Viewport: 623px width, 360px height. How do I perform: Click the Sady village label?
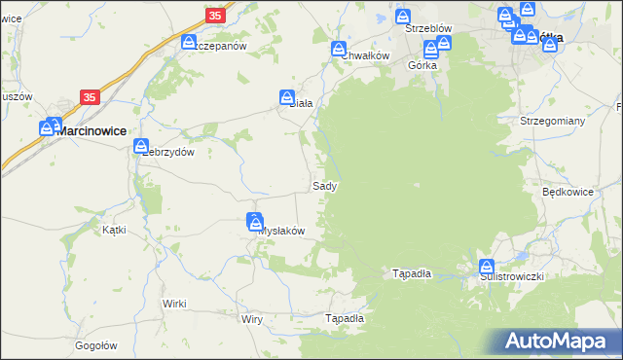click(325, 185)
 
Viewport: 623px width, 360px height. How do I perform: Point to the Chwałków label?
click(365, 55)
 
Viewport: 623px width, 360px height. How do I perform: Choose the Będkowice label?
click(568, 192)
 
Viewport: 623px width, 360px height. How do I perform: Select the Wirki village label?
click(174, 304)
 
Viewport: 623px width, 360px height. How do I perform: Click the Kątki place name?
click(115, 231)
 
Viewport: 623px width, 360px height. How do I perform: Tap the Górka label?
click(422, 65)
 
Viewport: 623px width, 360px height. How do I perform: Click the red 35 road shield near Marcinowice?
click(90, 97)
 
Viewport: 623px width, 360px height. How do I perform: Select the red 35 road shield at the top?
click(216, 15)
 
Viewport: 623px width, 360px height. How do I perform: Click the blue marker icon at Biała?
click(288, 97)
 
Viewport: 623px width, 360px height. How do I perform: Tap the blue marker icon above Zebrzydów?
click(140, 145)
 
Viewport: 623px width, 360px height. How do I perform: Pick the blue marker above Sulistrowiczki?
click(486, 267)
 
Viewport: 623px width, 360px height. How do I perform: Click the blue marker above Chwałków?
click(339, 49)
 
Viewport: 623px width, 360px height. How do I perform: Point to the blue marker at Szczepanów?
click(190, 42)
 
